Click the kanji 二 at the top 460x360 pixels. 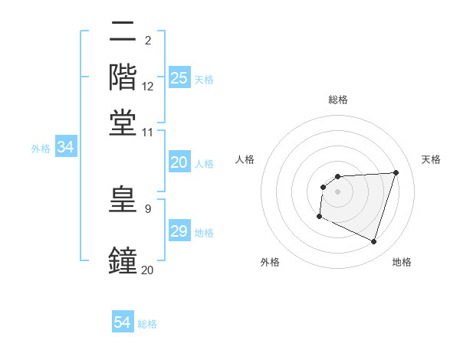coord(123,32)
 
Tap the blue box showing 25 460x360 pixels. coord(179,77)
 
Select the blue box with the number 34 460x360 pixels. coord(65,148)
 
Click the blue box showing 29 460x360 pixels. coord(179,231)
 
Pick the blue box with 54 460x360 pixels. coord(123,322)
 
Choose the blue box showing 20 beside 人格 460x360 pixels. coord(179,162)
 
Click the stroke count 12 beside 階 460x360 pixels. coord(148,87)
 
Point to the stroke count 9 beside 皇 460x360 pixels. coord(147,208)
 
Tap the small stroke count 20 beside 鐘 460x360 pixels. coord(148,269)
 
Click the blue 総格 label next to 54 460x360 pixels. coord(147,324)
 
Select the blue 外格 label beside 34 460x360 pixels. coord(41,149)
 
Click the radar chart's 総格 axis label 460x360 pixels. coord(337,100)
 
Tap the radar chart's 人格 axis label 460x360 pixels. coord(245,159)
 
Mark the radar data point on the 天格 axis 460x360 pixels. coord(396,172)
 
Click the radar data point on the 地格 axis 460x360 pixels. coord(373,242)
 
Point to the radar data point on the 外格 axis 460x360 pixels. coord(319,217)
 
